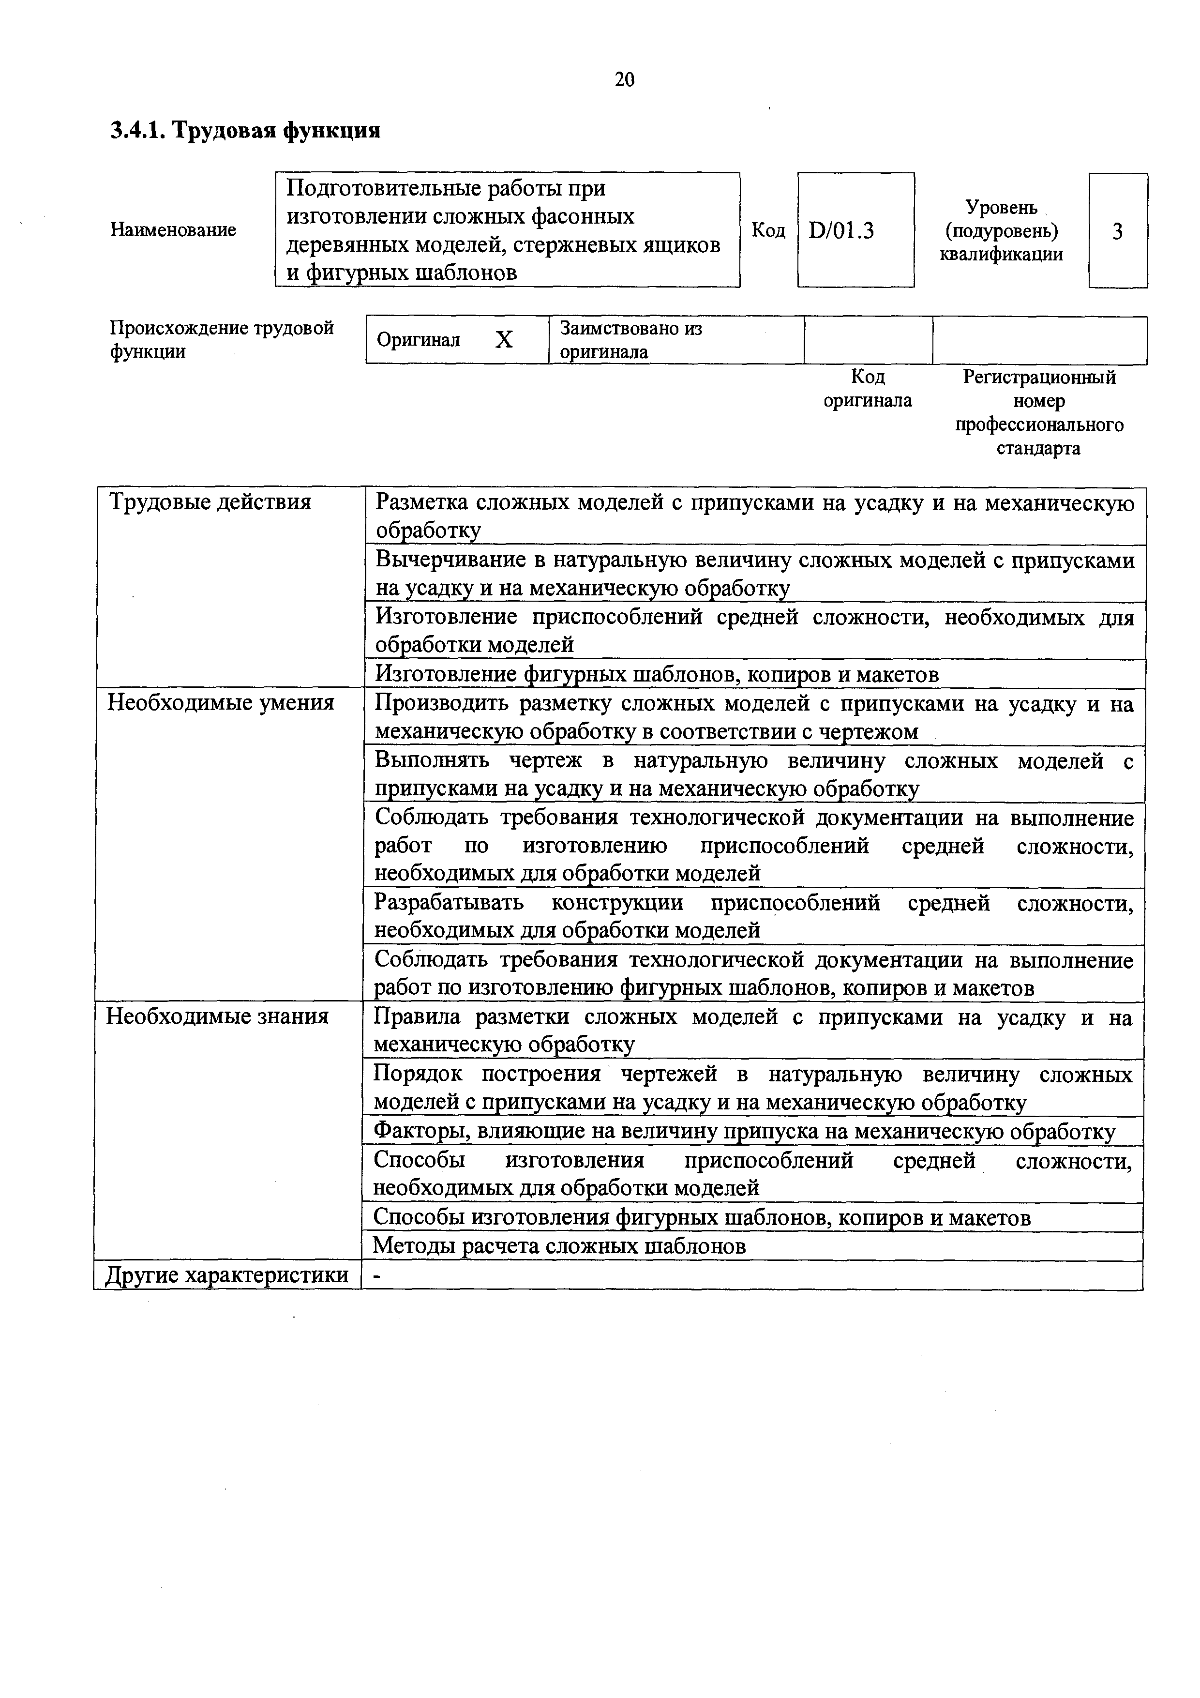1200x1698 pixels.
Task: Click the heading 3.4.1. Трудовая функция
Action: [x=245, y=131]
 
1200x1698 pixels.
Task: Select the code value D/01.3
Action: [x=841, y=231]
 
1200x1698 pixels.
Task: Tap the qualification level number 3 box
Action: [x=1117, y=231]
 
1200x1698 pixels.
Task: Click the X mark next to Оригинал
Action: [x=504, y=339]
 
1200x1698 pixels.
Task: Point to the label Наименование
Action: [x=173, y=230]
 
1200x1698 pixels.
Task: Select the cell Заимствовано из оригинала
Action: [x=630, y=339]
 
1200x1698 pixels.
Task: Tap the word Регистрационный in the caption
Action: [x=1039, y=377]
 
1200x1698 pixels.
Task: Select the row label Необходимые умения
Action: [x=220, y=702]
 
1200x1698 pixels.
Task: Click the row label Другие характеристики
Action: [x=226, y=1275]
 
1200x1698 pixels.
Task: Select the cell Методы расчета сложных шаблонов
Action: [x=559, y=1246]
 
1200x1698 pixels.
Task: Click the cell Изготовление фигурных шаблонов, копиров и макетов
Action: [x=657, y=674]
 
